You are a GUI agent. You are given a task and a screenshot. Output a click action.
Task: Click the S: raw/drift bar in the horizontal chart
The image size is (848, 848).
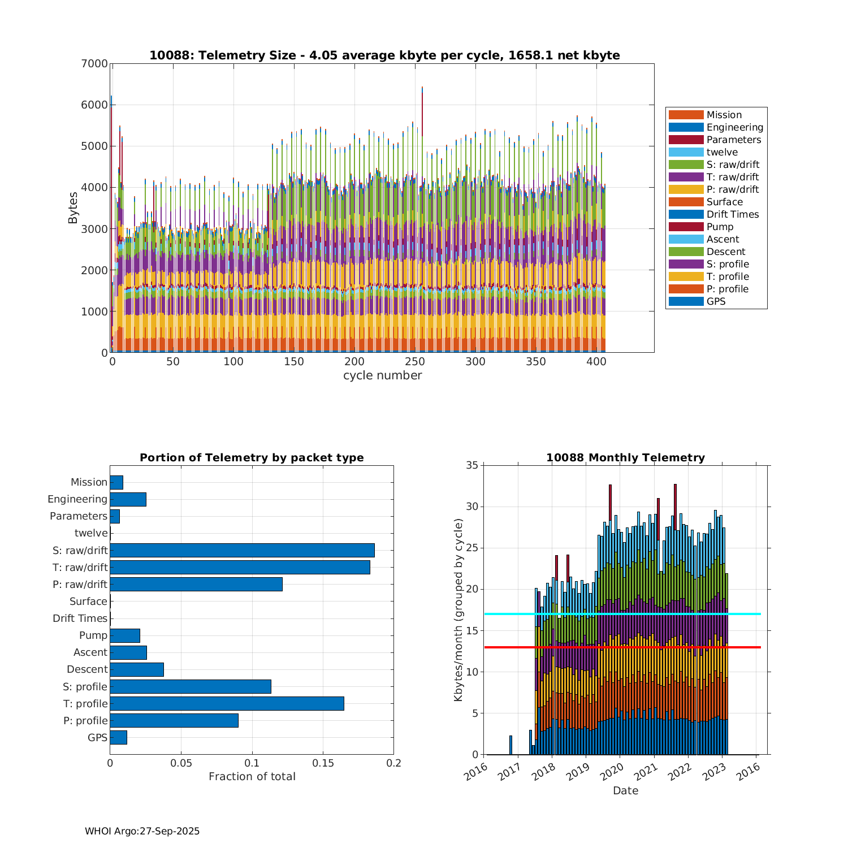pos(242,550)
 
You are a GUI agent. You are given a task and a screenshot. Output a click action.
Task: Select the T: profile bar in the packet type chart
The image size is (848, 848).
pos(227,703)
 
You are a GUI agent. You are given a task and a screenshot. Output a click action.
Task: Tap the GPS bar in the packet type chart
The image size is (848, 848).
pos(118,737)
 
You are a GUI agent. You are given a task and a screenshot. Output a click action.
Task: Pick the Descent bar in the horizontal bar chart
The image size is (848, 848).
pos(137,669)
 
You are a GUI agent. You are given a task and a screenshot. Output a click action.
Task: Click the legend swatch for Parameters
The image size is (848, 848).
pos(686,140)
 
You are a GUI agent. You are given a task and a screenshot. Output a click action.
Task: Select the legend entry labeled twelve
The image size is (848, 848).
pos(722,152)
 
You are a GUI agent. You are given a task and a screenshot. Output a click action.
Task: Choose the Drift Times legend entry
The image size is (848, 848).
pos(732,214)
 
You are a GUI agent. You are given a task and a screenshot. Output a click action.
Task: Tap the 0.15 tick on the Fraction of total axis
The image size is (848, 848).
pos(323,763)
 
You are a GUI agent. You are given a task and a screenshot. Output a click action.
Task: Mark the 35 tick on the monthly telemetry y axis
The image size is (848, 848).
pos(471,466)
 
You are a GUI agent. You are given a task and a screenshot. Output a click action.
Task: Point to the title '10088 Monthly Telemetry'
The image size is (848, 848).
pos(625,458)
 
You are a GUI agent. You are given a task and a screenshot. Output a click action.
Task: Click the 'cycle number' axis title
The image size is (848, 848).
pos(382,375)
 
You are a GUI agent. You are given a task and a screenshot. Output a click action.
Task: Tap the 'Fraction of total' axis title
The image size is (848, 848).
pos(252,777)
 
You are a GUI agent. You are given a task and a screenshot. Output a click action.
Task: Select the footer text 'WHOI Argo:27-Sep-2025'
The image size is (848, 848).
pos(142,831)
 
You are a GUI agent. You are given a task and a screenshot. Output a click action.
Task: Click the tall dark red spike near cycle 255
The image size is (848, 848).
pos(422,113)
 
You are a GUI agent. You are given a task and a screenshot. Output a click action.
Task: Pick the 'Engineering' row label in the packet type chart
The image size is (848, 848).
pos(77,499)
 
